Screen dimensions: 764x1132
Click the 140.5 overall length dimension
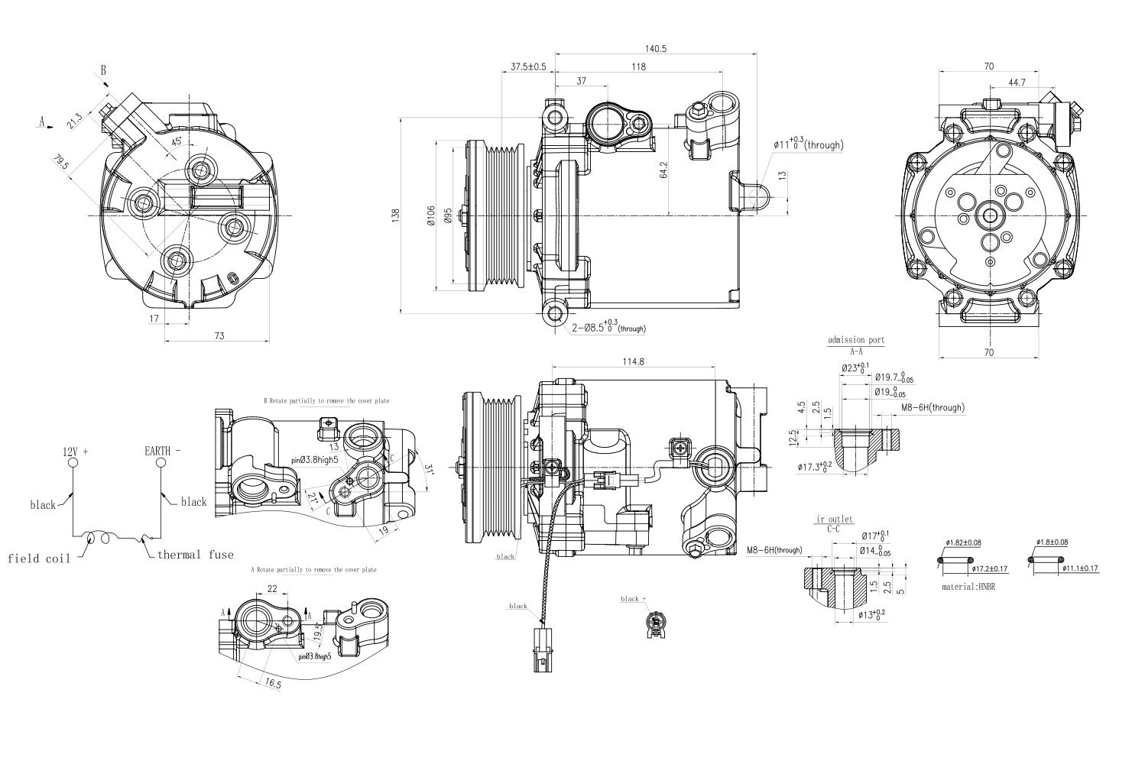pyautogui.click(x=656, y=48)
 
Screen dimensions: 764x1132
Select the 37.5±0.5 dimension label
pyautogui.click(x=528, y=66)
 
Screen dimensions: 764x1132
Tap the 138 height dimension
pyautogui.click(x=395, y=216)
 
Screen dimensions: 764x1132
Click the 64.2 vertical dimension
pyautogui.click(x=663, y=170)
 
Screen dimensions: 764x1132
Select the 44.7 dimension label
pyautogui.click(x=1017, y=82)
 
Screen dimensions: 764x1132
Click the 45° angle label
pyautogui.click(x=177, y=142)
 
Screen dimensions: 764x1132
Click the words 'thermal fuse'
pyautogui.click(x=196, y=555)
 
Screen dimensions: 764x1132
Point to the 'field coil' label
pyautogui.click(x=39, y=558)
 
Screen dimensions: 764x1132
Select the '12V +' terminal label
pyautogui.click(x=75, y=452)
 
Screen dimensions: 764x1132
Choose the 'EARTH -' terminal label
pyautogui.click(x=163, y=451)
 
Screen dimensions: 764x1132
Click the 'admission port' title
pyautogui.click(x=855, y=341)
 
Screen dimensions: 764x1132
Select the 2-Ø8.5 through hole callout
pyautogui.click(x=609, y=328)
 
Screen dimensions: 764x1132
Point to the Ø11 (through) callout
pyautogui.click(x=808, y=144)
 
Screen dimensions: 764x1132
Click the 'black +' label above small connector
pyautogui.click(x=634, y=599)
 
